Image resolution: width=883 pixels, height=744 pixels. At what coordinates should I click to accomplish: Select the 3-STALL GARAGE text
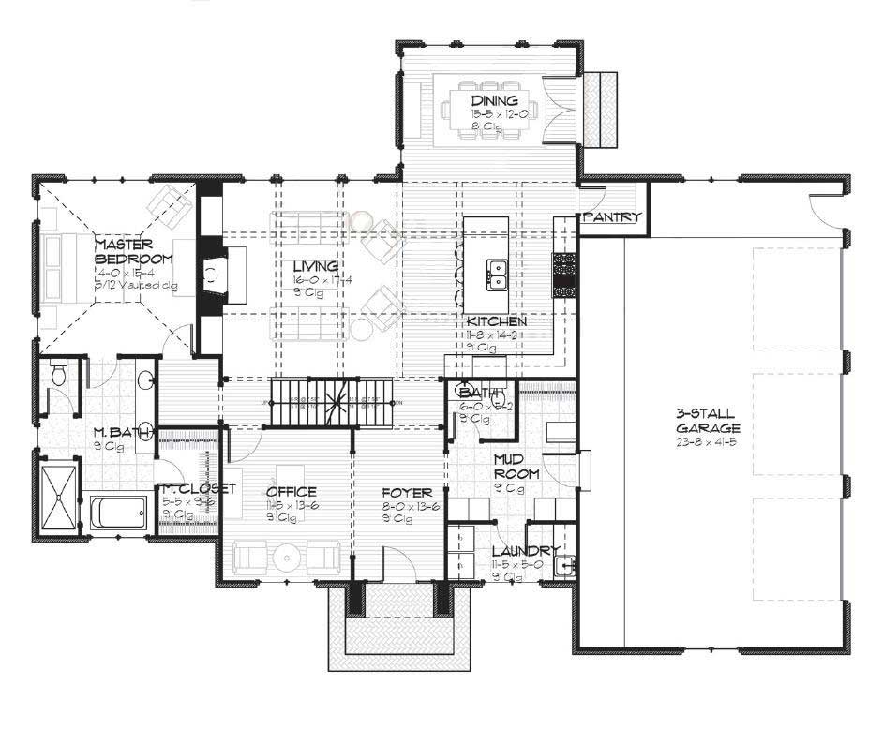(x=704, y=420)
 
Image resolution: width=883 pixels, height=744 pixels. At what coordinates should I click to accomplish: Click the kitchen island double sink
(x=495, y=274)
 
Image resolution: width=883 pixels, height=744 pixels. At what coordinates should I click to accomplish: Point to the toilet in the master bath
(x=58, y=378)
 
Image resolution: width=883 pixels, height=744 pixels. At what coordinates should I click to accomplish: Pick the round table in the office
(x=284, y=557)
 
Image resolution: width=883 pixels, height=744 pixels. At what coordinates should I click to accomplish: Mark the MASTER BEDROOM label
(x=134, y=251)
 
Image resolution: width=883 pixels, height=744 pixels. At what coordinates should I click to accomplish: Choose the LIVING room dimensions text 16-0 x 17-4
(x=322, y=279)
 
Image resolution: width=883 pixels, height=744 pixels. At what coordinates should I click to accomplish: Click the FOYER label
(x=407, y=492)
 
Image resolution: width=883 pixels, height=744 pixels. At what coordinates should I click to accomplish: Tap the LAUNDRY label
(x=527, y=551)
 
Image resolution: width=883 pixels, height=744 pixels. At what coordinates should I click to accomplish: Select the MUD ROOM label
(x=516, y=467)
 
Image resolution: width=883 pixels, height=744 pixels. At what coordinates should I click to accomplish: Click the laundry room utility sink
(x=564, y=565)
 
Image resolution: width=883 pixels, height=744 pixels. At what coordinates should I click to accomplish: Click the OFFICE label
(x=291, y=492)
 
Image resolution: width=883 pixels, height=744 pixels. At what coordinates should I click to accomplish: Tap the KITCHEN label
(x=496, y=321)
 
